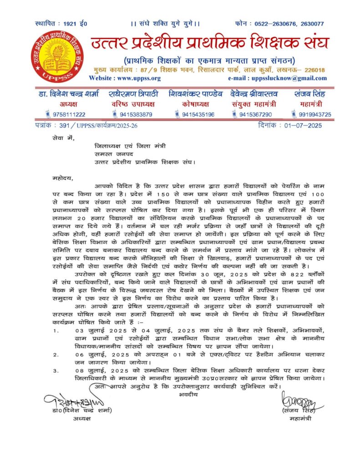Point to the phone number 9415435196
(x=198, y=114)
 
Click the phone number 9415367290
(x=255, y=114)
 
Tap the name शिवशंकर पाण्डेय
(x=195, y=94)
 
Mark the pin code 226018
(x=314, y=70)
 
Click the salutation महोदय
(x=62, y=178)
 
